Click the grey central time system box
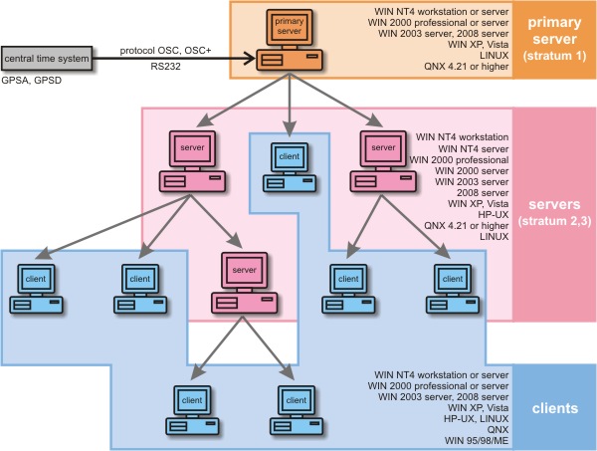click(49, 61)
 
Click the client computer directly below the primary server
click(288, 164)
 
